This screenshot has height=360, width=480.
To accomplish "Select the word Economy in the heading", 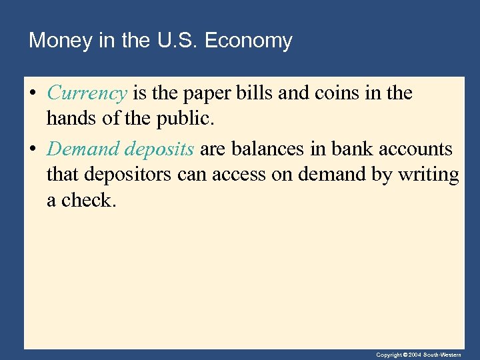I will (x=248, y=41).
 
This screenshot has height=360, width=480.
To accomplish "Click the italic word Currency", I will (x=87, y=94).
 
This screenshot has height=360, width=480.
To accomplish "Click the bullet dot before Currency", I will (x=32, y=94).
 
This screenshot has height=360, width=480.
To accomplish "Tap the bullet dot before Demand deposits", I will (x=32, y=149).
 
